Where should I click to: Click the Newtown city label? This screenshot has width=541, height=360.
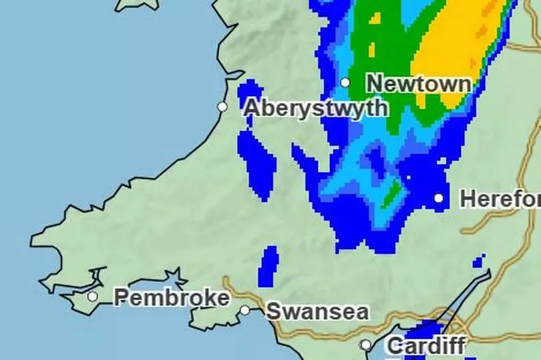[419, 84]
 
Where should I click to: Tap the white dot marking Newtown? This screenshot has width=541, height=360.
[345, 83]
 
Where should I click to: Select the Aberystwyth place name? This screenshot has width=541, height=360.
[315, 108]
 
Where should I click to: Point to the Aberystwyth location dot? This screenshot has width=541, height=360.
[222, 107]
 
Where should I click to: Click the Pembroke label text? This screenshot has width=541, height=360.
[172, 297]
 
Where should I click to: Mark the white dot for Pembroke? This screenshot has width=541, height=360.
[93, 297]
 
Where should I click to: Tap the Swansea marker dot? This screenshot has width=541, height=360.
[245, 311]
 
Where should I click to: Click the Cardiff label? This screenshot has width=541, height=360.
[425, 346]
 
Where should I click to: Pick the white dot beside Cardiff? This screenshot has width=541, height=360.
[366, 345]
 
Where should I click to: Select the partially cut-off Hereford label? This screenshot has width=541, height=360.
[500, 199]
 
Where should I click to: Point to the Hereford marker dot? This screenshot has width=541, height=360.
[439, 198]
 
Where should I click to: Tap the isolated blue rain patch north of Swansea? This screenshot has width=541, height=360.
[268, 265]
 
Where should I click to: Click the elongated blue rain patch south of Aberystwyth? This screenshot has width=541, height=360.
[256, 164]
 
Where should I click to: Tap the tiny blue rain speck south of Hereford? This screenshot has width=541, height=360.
[479, 261]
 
